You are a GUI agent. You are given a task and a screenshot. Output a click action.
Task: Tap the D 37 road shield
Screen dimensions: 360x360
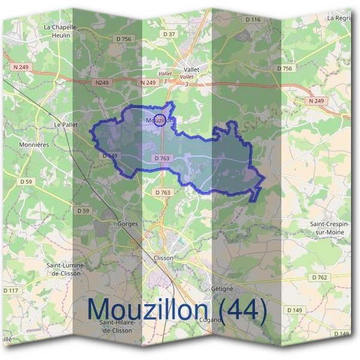click(x=170, y=34)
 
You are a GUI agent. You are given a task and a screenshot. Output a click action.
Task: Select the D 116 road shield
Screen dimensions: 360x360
click(x=253, y=20)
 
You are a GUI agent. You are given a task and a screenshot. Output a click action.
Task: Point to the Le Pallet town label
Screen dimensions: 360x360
click(x=67, y=124)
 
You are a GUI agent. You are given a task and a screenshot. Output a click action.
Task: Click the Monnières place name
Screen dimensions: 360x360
click(x=34, y=145)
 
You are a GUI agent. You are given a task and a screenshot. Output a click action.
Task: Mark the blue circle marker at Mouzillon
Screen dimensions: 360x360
click(x=160, y=121)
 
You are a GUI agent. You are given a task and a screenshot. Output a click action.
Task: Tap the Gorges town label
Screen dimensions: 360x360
click(x=128, y=224)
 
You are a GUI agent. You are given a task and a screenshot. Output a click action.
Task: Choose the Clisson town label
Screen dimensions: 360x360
click(x=163, y=257)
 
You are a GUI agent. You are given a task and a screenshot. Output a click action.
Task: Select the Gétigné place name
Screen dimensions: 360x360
click(x=222, y=289)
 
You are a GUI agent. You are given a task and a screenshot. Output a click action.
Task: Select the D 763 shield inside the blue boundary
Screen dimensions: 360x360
click(x=163, y=158)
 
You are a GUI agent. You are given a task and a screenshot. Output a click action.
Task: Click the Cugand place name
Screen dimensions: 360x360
click(x=211, y=320)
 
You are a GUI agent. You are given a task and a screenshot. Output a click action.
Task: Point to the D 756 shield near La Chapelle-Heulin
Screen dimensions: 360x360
click(x=123, y=39)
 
